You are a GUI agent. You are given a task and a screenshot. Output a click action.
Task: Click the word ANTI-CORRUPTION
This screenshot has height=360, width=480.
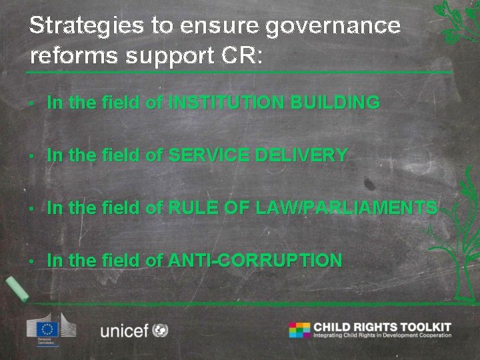255,261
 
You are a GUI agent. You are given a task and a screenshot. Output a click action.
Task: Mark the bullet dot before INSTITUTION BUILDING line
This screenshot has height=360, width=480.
32,104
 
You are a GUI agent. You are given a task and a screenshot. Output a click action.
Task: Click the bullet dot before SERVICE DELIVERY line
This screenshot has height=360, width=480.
32,157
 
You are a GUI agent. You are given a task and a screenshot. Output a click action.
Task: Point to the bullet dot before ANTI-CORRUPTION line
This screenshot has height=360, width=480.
32,262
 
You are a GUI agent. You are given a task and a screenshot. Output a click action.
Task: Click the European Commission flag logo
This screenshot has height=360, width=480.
49,329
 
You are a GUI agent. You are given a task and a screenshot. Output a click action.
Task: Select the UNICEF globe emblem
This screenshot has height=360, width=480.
160,329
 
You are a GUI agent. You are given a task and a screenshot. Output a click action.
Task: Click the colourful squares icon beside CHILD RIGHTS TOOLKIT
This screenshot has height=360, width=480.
299,330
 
